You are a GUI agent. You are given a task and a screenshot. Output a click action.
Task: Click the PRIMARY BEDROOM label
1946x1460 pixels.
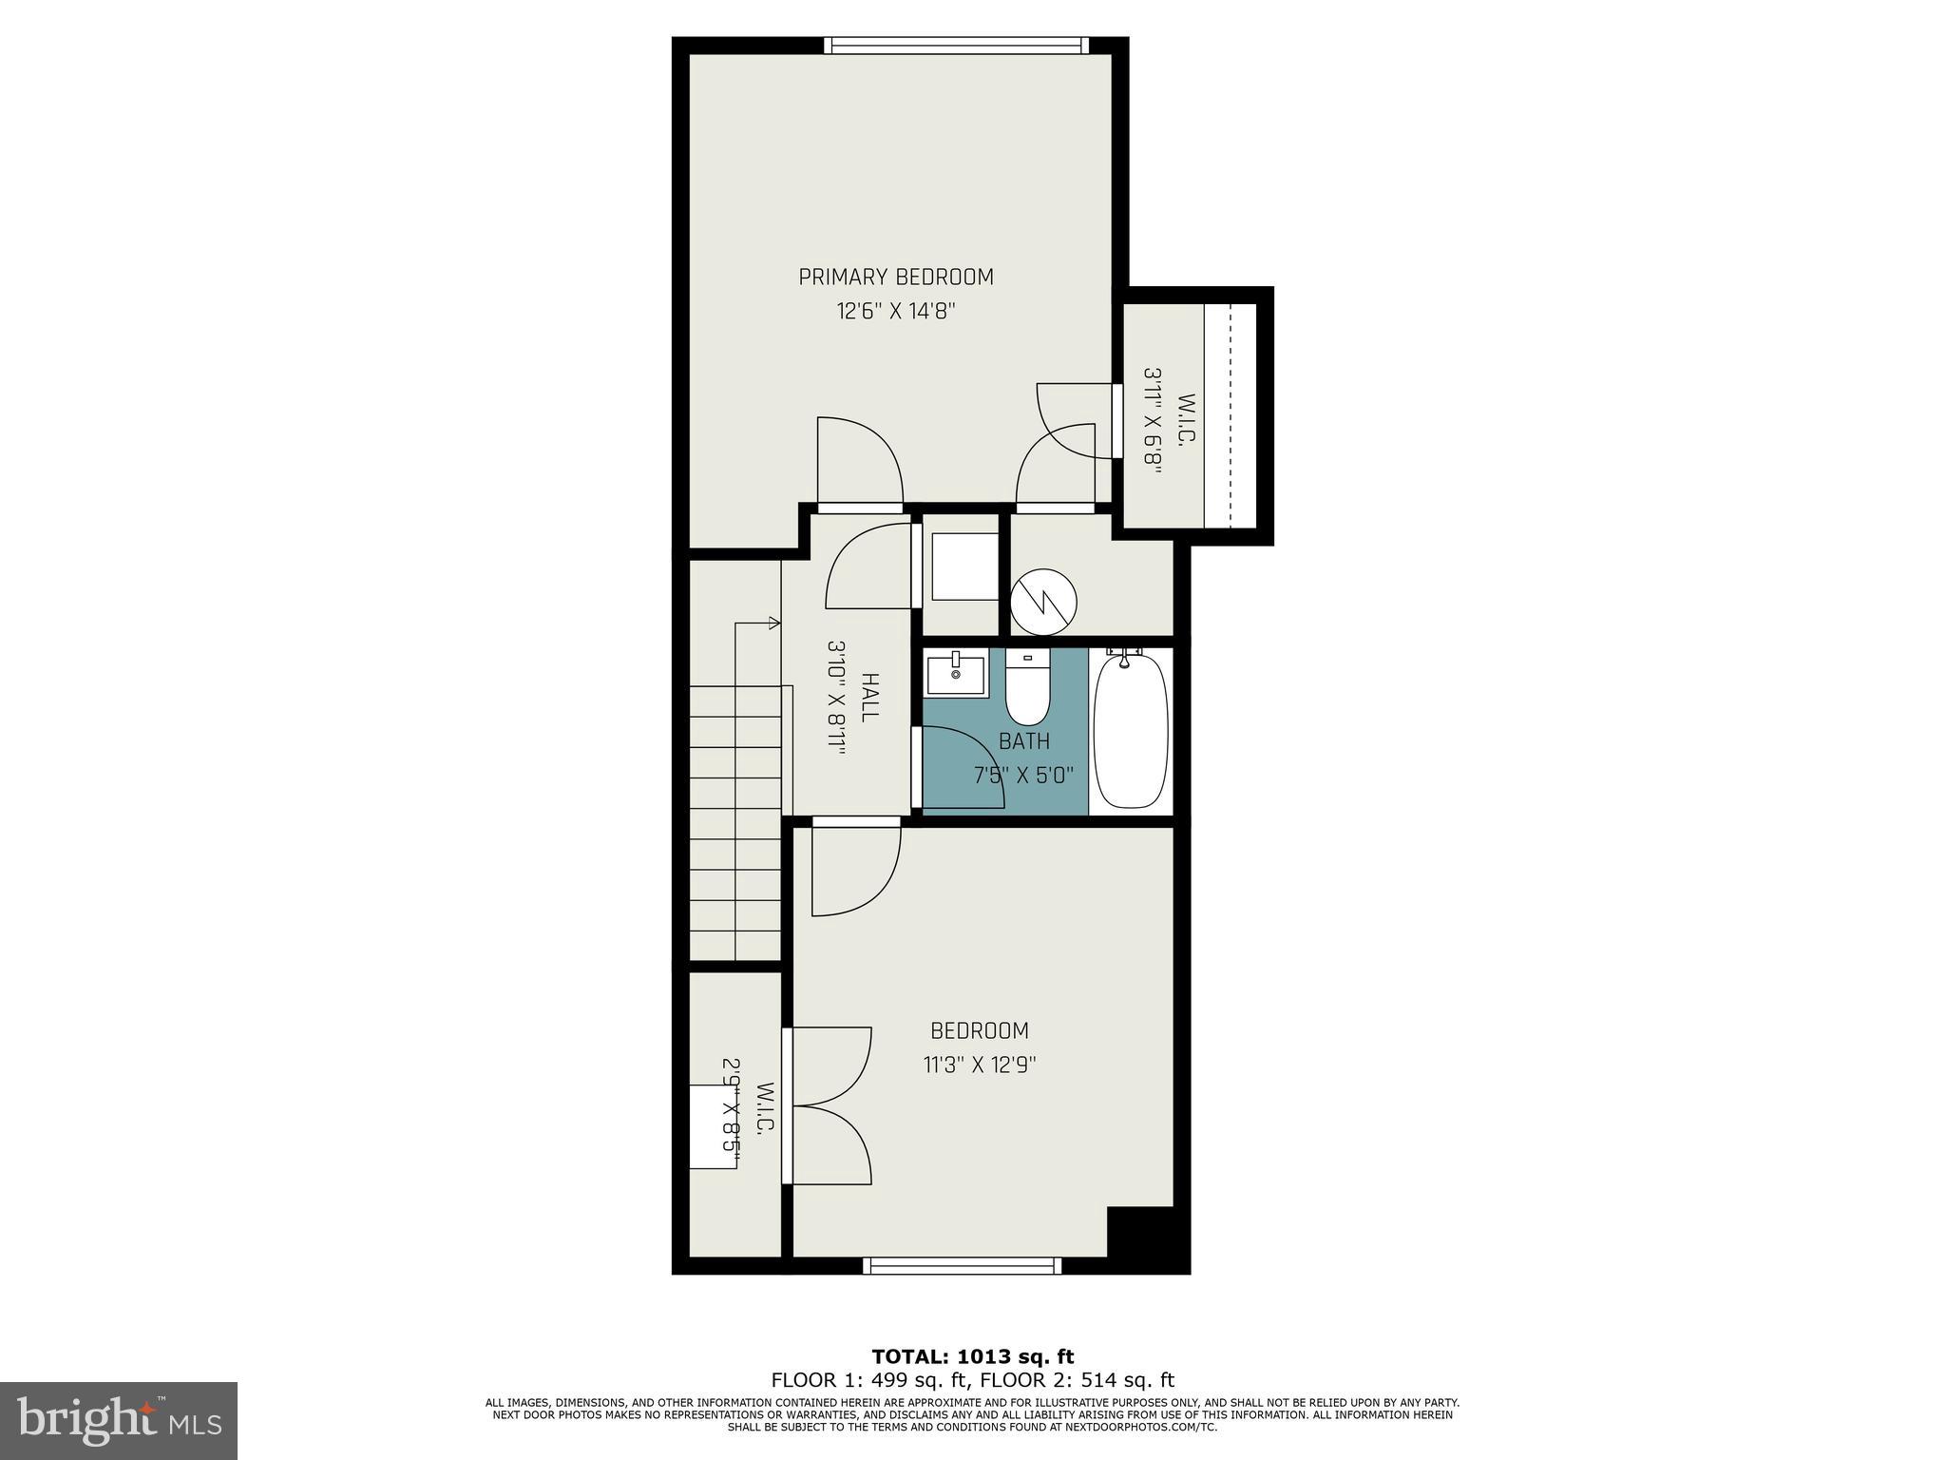(895, 277)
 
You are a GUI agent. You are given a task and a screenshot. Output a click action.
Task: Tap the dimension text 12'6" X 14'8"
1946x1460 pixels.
(895, 311)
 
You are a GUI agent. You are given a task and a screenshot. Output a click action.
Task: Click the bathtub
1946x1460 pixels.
(1131, 730)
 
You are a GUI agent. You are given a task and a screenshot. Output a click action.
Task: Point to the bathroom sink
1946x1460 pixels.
(956, 674)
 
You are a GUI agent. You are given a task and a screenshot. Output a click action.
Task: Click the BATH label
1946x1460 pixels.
(1023, 741)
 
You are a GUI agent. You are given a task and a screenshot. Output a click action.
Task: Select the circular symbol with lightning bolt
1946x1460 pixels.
(1043, 602)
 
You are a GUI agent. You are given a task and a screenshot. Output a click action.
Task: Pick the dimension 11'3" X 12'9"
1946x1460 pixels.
(979, 1065)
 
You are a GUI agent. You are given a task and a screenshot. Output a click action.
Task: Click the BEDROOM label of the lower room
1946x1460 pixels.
(979, 1030)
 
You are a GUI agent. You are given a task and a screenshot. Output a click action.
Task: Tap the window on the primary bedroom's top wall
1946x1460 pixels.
(956, 45)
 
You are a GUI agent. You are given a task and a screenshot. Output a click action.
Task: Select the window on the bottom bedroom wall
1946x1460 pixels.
(962, 1265)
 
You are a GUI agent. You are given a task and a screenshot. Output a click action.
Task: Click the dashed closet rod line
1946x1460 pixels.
(1230, 415)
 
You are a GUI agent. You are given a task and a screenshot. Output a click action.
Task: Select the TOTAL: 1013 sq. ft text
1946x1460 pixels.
(972, 1356)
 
